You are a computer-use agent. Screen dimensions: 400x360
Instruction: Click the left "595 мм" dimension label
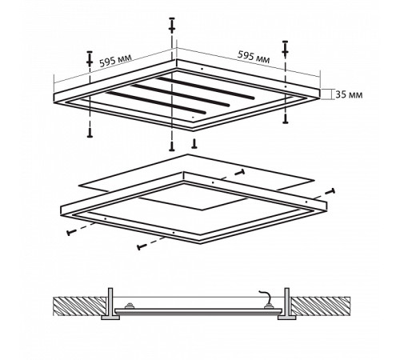click(115, 61)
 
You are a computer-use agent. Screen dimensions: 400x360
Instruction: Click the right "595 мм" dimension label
click(254, 57)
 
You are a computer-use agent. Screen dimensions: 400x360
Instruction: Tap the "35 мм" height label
click(349, 94)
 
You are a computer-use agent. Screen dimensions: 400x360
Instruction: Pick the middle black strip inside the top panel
click(180, 95)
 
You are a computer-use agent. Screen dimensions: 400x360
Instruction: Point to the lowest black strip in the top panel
click(156, 102)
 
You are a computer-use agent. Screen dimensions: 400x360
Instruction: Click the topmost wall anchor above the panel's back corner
click(172, 26)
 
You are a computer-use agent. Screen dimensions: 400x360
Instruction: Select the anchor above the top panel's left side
click(90, 58)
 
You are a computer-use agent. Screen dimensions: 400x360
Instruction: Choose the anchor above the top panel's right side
click(285, 49)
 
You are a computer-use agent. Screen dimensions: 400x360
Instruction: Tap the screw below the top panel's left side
click(90, 132)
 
